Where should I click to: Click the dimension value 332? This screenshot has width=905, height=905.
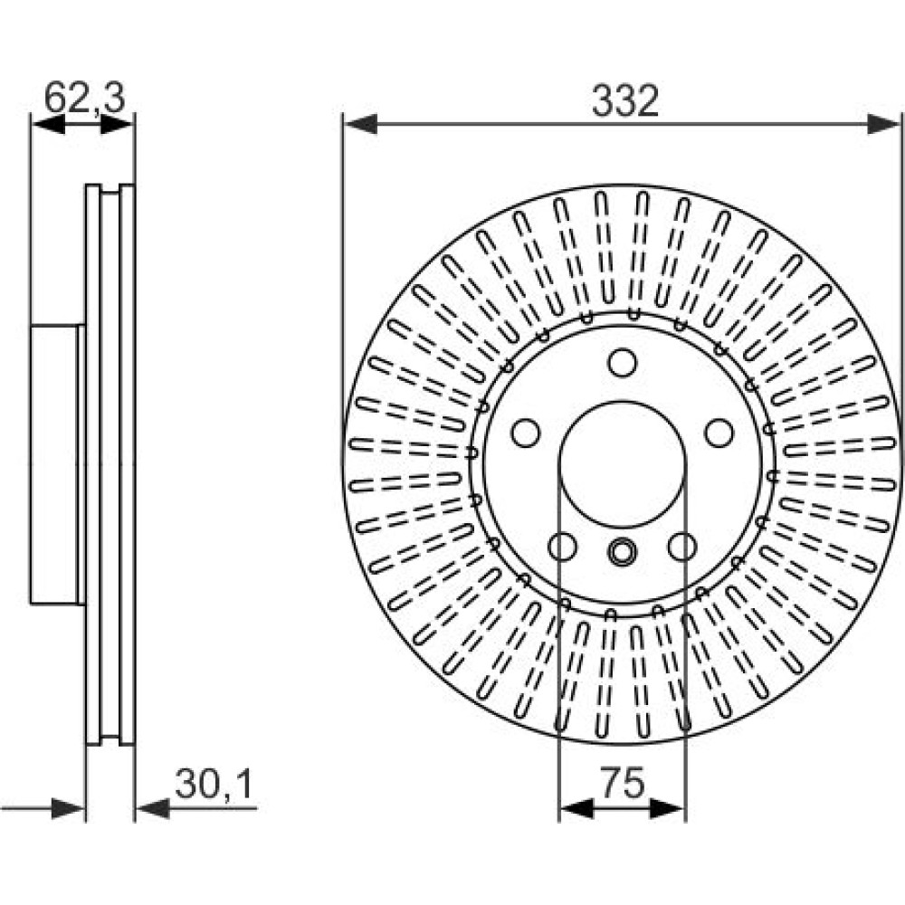[x=625, y=101]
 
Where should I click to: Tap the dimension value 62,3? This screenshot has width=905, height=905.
[x=85, y=97]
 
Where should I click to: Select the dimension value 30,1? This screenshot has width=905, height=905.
[x=214, y=784]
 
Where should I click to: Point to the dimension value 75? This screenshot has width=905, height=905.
[x=623, y=783]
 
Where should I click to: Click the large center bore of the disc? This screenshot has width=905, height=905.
[x=623, y=464]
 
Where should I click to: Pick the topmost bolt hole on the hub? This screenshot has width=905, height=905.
[x=623, y=363]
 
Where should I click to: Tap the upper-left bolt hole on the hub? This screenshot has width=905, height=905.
[x=525, y=433]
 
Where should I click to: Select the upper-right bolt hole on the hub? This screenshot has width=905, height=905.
[x=719, y=433]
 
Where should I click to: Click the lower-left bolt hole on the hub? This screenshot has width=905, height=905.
[x=562, y=547]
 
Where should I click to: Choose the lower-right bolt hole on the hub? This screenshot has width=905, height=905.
[x=682, y=547]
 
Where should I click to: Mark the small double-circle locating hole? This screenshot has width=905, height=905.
[x=623, y=552]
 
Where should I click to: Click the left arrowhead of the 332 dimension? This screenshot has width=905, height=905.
[x=360, y=124]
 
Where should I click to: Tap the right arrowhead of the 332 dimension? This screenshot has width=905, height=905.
[x=883, y=124]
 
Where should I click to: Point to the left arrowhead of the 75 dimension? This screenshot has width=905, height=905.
[x=576, y=808]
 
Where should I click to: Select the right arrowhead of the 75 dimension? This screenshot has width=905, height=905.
[x=668, y=808]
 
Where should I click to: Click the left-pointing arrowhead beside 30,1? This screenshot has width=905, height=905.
[x=152, y=808]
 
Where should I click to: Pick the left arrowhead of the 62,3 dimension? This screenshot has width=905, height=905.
[x=48, y=124]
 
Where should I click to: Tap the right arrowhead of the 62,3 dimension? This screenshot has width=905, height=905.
[x=117, y=124]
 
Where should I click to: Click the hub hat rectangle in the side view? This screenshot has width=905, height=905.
[x=54, y=464]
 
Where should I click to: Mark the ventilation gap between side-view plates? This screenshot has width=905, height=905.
[x=110, y=464]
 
